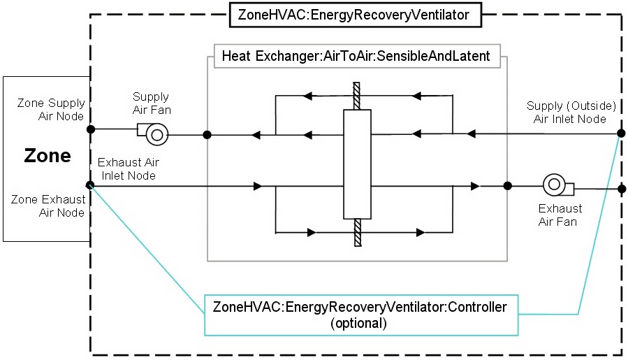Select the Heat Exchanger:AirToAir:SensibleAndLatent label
[x=356, y=55]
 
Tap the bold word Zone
[x=48, y=155]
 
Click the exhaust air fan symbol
[x=557, y=185]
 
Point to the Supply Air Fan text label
[x=151, y=103]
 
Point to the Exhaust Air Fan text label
[x=560, y=215]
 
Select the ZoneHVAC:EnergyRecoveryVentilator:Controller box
[x=360, y=315]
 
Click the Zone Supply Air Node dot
[x=90, y=129]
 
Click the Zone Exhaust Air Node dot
[x=90, y=185]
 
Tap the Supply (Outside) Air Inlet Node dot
[x=620, y=134]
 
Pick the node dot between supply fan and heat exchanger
[x=207, y=134]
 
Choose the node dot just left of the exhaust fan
[x=508, y=186]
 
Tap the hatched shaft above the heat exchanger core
[x=356, y=96]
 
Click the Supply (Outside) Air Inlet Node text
[x=571, y=112]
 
